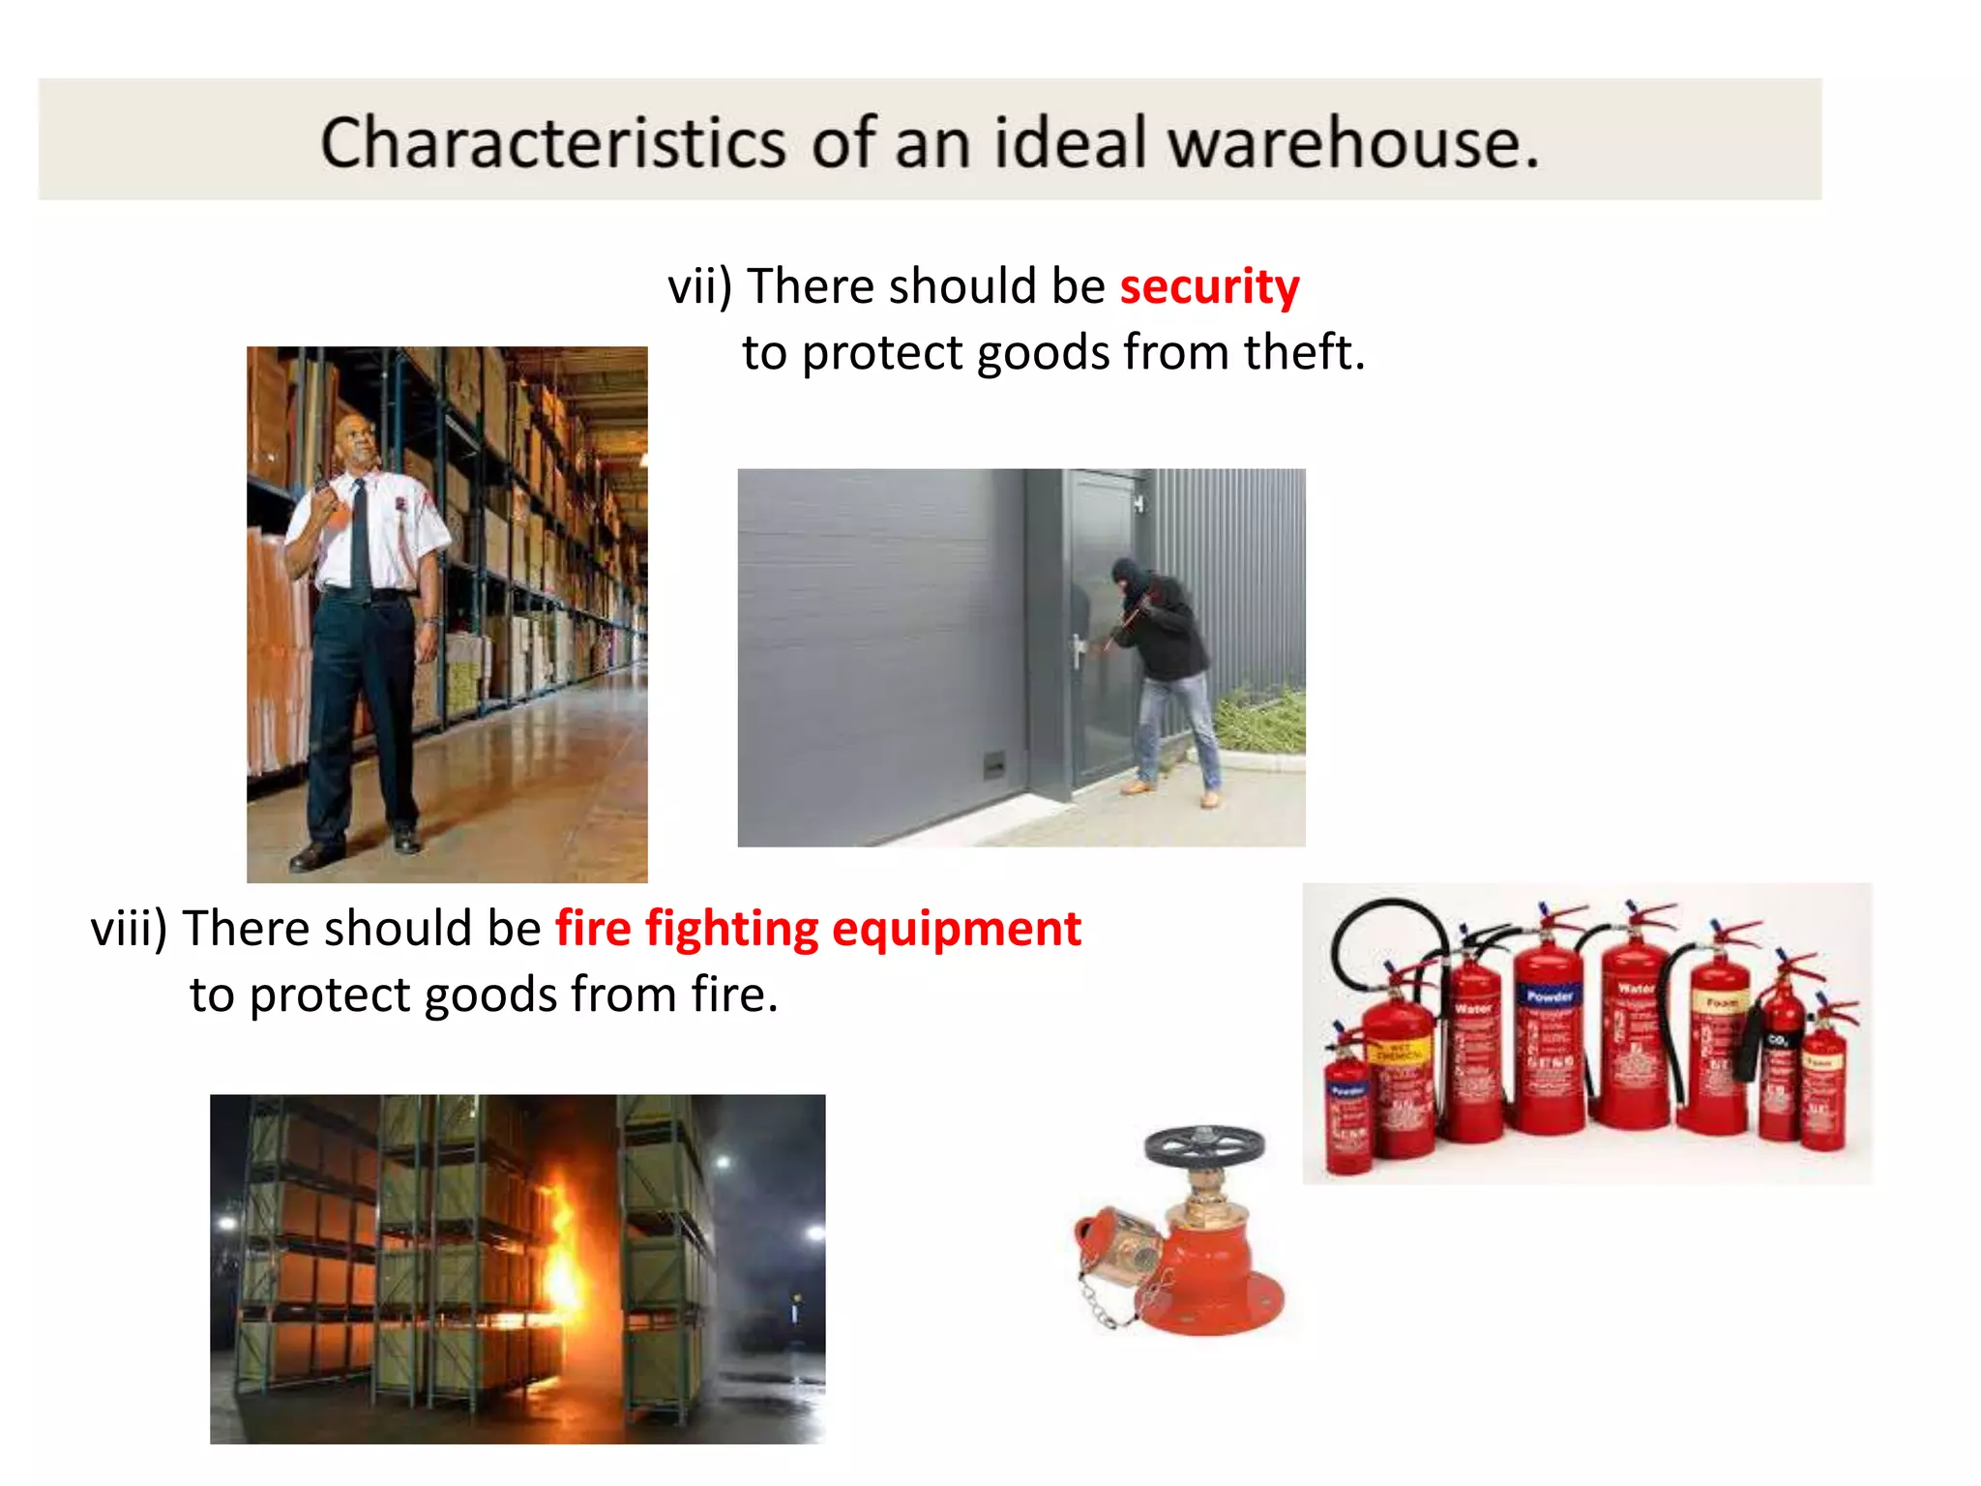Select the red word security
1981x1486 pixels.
pyautogui.click(x=1209, y=286)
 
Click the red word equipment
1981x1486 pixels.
pyautogui.click(x=956, y=929)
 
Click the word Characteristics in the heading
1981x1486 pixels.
pyautogui.click(x=552, y=143)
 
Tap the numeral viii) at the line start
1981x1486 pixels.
pyautogui.click(x=129, y=929)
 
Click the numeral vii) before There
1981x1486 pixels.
pyautogui.click(x=700, y=286)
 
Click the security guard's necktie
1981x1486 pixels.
pyautogui.click(x=360, y=537)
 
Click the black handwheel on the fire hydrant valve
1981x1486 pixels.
pyautogui.click(x=1204, y=1146)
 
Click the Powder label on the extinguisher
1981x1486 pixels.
pyautogui.click(x=1550, y=995)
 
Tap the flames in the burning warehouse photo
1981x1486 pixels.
pyautogui.click(x=561, y=1248)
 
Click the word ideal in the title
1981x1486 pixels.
pyautogui.click(x=1071, y=143)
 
